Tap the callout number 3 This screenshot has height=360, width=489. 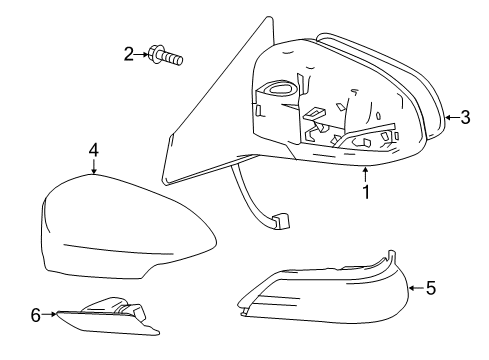[x=469, y=117]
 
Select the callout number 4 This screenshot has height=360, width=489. [x=93, y=150]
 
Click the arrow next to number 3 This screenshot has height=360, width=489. [x=451, y=117]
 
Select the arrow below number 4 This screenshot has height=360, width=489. [x=93, y=168]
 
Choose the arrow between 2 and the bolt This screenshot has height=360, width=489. [x=143, y=56]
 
